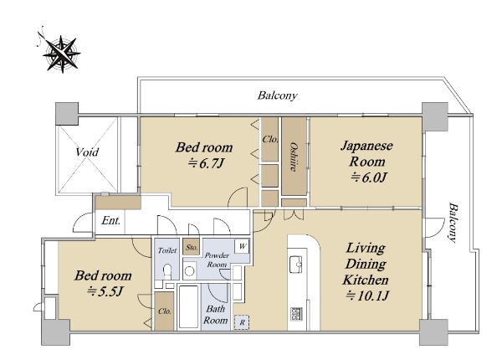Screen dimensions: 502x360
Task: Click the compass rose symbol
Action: pyautogui.click(x=61, y=53)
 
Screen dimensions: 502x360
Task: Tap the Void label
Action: pyautogui.click(x=87, y=152)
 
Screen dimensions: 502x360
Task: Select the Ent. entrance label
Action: pyautogui.click(x=110, y=220)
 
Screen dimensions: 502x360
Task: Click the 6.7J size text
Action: pyautogui.click(x=206, y=163)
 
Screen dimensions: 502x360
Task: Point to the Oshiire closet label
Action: pyautogui.click(x=293, y=157)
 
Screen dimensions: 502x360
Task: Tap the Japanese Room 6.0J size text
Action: pyautogui.click(x=369, y=177)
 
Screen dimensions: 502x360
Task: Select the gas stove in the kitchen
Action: pyautogui.click(x=297, y=314)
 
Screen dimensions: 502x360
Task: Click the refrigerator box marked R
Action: pyautogui.click(x=242, y=322)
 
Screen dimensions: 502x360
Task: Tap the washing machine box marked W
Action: pyautogui.click(x=243, y=246)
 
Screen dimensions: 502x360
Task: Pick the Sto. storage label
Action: pyautogui.click(x=192, y=247)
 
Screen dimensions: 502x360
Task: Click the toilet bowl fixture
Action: pyautogui.click(x=166, y=270)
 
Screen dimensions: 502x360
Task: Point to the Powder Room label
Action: pyautogui.click(x=217, y=260)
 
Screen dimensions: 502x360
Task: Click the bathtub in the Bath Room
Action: pyautogui.click(x=188, y=306)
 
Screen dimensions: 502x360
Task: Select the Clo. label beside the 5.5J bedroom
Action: pyautogui.click(x=165, y=311)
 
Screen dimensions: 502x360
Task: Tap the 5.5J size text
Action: pyautogui.click(x=105, y=291)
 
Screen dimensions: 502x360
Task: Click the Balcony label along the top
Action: pyautogui.click(x=277, y=95)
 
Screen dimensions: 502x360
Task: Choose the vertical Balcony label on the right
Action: pyautogui.click(x=452, y=222)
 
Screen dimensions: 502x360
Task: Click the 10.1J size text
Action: pyautogui.click(x=367, y=296)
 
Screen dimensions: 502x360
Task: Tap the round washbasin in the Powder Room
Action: pyautogui.click(x=190, y=271)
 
